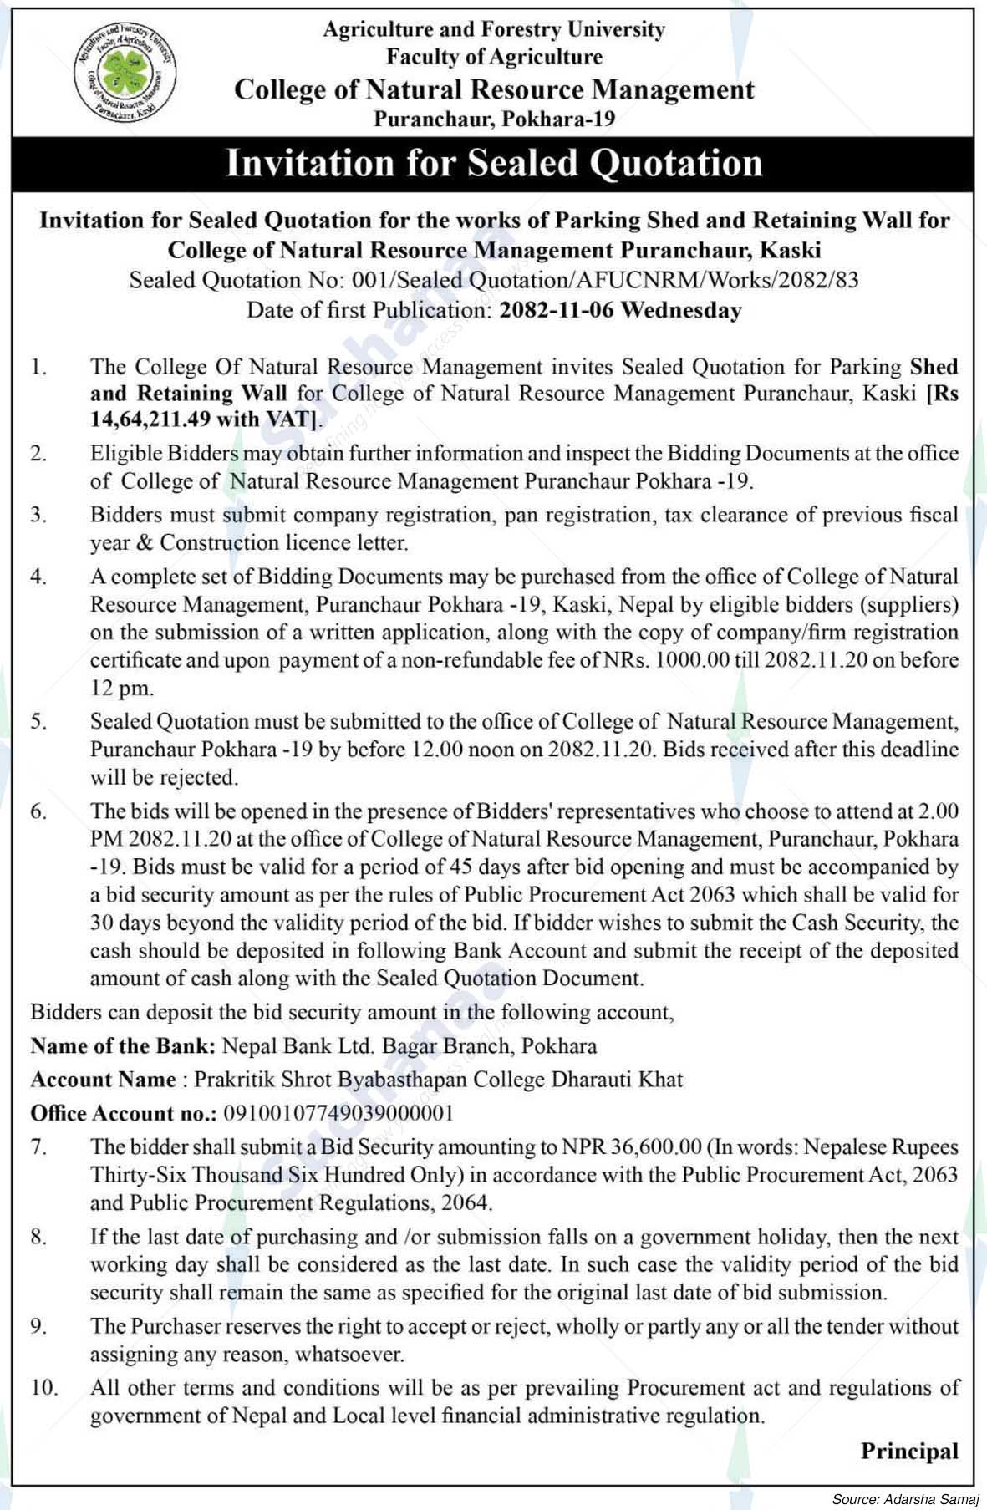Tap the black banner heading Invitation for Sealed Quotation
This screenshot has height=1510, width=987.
click(494, 163)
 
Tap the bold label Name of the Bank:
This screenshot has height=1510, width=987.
click(124, 1046)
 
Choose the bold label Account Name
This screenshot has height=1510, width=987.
click(103, 1080)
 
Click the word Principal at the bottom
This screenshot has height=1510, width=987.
click(909, 1452)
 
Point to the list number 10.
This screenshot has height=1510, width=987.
click(44, 1388)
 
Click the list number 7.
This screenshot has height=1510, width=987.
click(38, 1147)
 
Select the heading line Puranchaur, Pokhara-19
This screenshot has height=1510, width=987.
click(494, 119)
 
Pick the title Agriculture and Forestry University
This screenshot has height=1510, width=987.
click(494, 30)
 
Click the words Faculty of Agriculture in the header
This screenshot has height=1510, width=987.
click(494, 57)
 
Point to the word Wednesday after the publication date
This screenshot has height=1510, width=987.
click(681, 310)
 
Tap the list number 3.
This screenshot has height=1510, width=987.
click(38, 516)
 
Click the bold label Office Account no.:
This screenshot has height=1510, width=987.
click(124, 1113)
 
